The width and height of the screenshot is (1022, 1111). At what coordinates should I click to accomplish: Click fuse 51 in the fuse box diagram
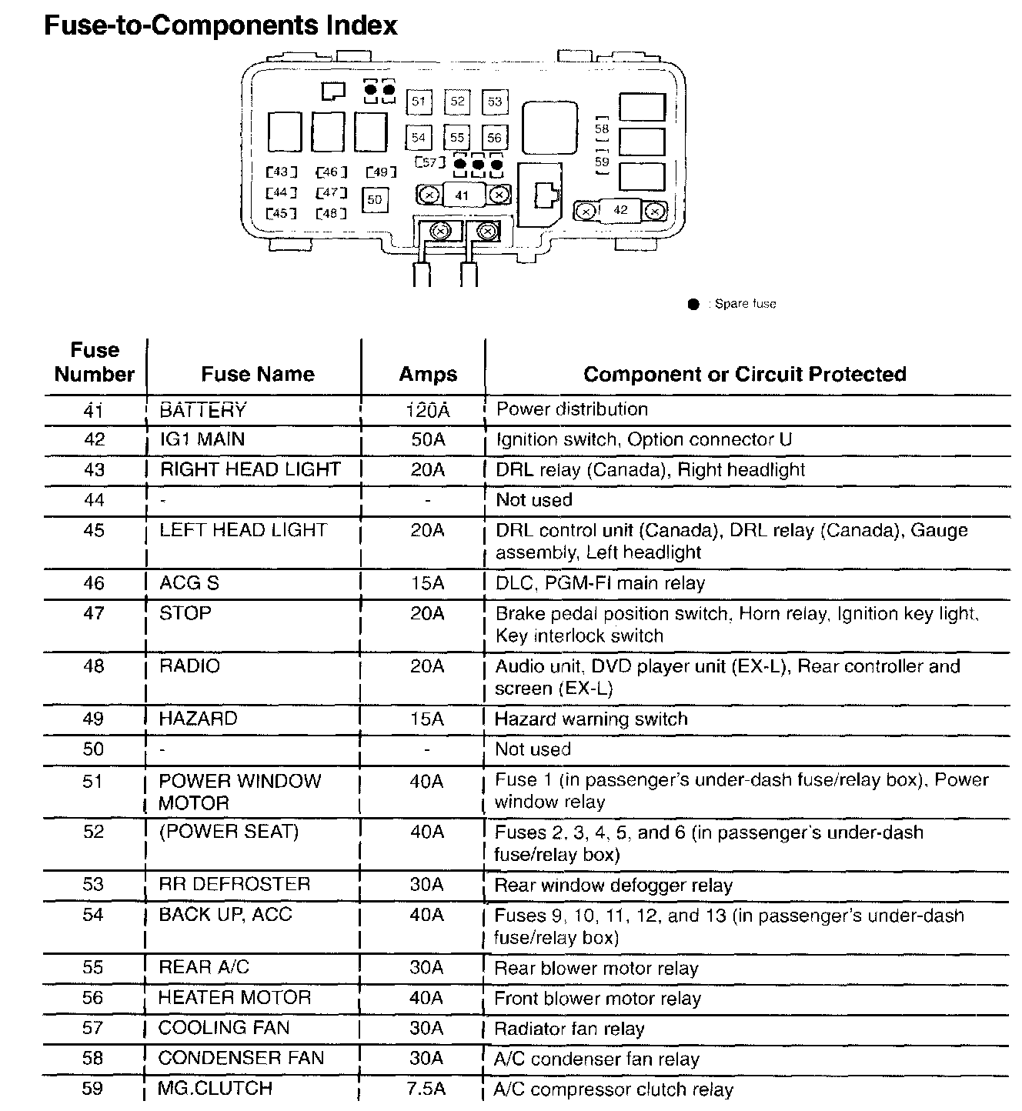point(419,102)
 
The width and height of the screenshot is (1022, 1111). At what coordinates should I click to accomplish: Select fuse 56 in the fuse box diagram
point(494,138)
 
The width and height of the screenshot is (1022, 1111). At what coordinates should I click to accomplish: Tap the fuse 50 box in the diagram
point(375,199)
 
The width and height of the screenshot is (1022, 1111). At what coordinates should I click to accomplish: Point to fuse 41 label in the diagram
point(462,195)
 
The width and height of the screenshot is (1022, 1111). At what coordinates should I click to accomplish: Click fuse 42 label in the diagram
point(620,210)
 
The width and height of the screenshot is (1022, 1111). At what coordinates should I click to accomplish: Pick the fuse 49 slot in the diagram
point(381,172)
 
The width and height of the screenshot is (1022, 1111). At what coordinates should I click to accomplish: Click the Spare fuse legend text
point(744,304)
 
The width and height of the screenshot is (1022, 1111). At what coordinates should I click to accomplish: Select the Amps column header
point(428,375)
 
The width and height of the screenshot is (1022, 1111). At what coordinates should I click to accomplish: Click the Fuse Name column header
point(258,375)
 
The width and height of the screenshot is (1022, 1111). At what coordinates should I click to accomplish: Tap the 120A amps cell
point(428,410)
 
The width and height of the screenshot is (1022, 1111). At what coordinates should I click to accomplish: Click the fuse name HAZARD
point(199,719)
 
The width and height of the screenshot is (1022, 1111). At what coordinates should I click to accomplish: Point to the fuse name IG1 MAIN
point(202,439)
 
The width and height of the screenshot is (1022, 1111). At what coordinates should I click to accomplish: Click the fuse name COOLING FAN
point(224,1028)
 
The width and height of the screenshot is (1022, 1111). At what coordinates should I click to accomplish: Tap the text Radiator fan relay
point(569,1029)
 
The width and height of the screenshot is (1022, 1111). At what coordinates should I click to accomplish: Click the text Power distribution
point(572,409)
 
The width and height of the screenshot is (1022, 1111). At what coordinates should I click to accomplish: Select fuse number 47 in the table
point(93,614)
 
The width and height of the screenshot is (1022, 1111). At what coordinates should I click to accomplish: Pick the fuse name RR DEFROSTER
point(234,884)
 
